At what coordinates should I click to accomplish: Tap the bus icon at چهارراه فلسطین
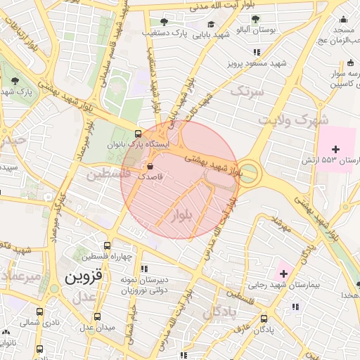point(107,246)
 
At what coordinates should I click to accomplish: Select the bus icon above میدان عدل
point(96,317)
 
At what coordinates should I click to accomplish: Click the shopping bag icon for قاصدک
point(150,167)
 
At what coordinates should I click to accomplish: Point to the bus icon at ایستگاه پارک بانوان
point(138,133)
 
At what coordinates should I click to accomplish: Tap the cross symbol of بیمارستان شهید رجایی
point(283,273)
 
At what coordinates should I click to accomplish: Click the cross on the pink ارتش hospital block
point(335,149)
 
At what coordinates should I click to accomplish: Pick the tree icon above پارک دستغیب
point(165,22)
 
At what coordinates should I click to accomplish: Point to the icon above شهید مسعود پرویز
point(257,52)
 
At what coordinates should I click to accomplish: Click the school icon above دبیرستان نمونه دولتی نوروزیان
point(143,269)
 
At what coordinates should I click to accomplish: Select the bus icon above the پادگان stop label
point(263,319)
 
